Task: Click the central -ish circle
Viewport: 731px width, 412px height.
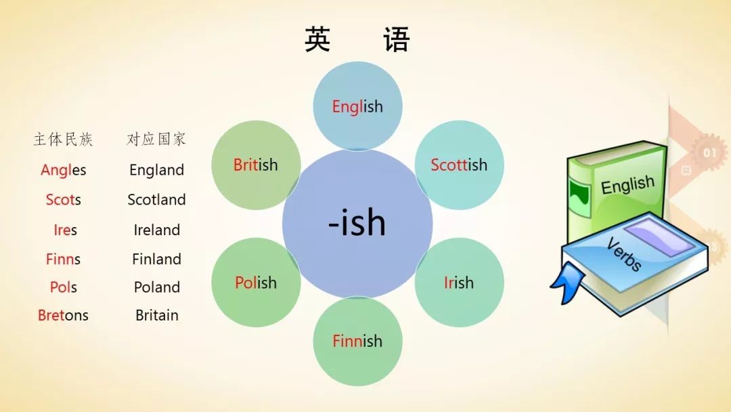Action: click(x=357, y=224)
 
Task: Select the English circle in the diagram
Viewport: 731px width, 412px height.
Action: click(x=357, y=106)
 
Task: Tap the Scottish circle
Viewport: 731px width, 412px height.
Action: click(x=459, y=165)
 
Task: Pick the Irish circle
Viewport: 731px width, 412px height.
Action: click(x=459, y=283)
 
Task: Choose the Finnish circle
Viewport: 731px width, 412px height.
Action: click(x=357, y=341)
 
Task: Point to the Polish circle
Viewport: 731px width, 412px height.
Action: click(x=256, y=283)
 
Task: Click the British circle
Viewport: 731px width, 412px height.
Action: click(x=256, y=165)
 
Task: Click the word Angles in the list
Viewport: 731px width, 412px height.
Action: click(x=64, y=170)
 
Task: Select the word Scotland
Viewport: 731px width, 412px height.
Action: click(x=156, y=200)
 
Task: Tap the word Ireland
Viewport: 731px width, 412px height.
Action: click(x=156, y=230)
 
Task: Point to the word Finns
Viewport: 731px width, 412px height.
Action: click(x=64, y=259)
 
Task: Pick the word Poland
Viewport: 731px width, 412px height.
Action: click(x=156, y=287)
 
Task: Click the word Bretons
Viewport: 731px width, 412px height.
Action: click(x=64, y=315)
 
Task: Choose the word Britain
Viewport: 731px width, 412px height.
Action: click(x=156, y=315)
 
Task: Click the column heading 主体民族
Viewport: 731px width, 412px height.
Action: click(x=64, y=139)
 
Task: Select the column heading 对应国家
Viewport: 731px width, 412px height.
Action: click(x=156, y=139)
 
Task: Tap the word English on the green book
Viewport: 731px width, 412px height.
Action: click(x=627, y=184)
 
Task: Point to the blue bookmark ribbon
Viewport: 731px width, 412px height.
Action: click(x=567, y=282)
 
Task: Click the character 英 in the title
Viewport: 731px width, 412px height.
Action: click(x=318, y=39)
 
